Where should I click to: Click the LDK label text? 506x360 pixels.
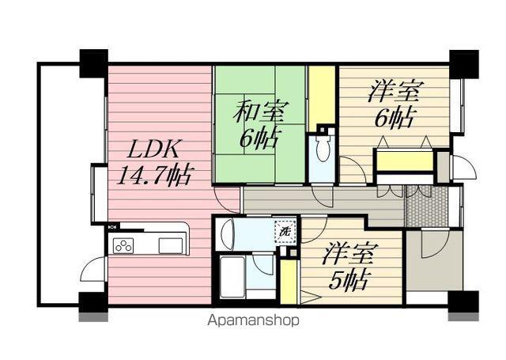pos(154,149)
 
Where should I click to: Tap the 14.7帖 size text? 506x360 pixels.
pos(154,176)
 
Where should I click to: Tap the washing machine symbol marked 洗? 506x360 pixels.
pos(285,231)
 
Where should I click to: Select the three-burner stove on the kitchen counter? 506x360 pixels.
pos(123,245)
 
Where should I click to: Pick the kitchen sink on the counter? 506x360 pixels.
pos(171,245)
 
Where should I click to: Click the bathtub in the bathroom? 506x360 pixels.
pos(232,277)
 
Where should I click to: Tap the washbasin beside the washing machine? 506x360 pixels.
pos(228,234)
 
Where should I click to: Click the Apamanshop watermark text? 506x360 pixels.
pos(253,320)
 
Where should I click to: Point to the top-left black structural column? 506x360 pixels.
pos(93,63)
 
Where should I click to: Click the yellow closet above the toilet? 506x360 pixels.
pos(322,98)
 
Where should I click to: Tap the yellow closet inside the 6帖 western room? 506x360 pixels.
pos(405,161)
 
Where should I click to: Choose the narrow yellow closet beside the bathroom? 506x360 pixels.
pos(288,282)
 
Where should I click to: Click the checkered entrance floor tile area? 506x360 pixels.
pos(427,206)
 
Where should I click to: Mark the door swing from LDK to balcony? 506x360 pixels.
pos(93,269)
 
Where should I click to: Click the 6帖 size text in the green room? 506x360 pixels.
pos(259,138)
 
